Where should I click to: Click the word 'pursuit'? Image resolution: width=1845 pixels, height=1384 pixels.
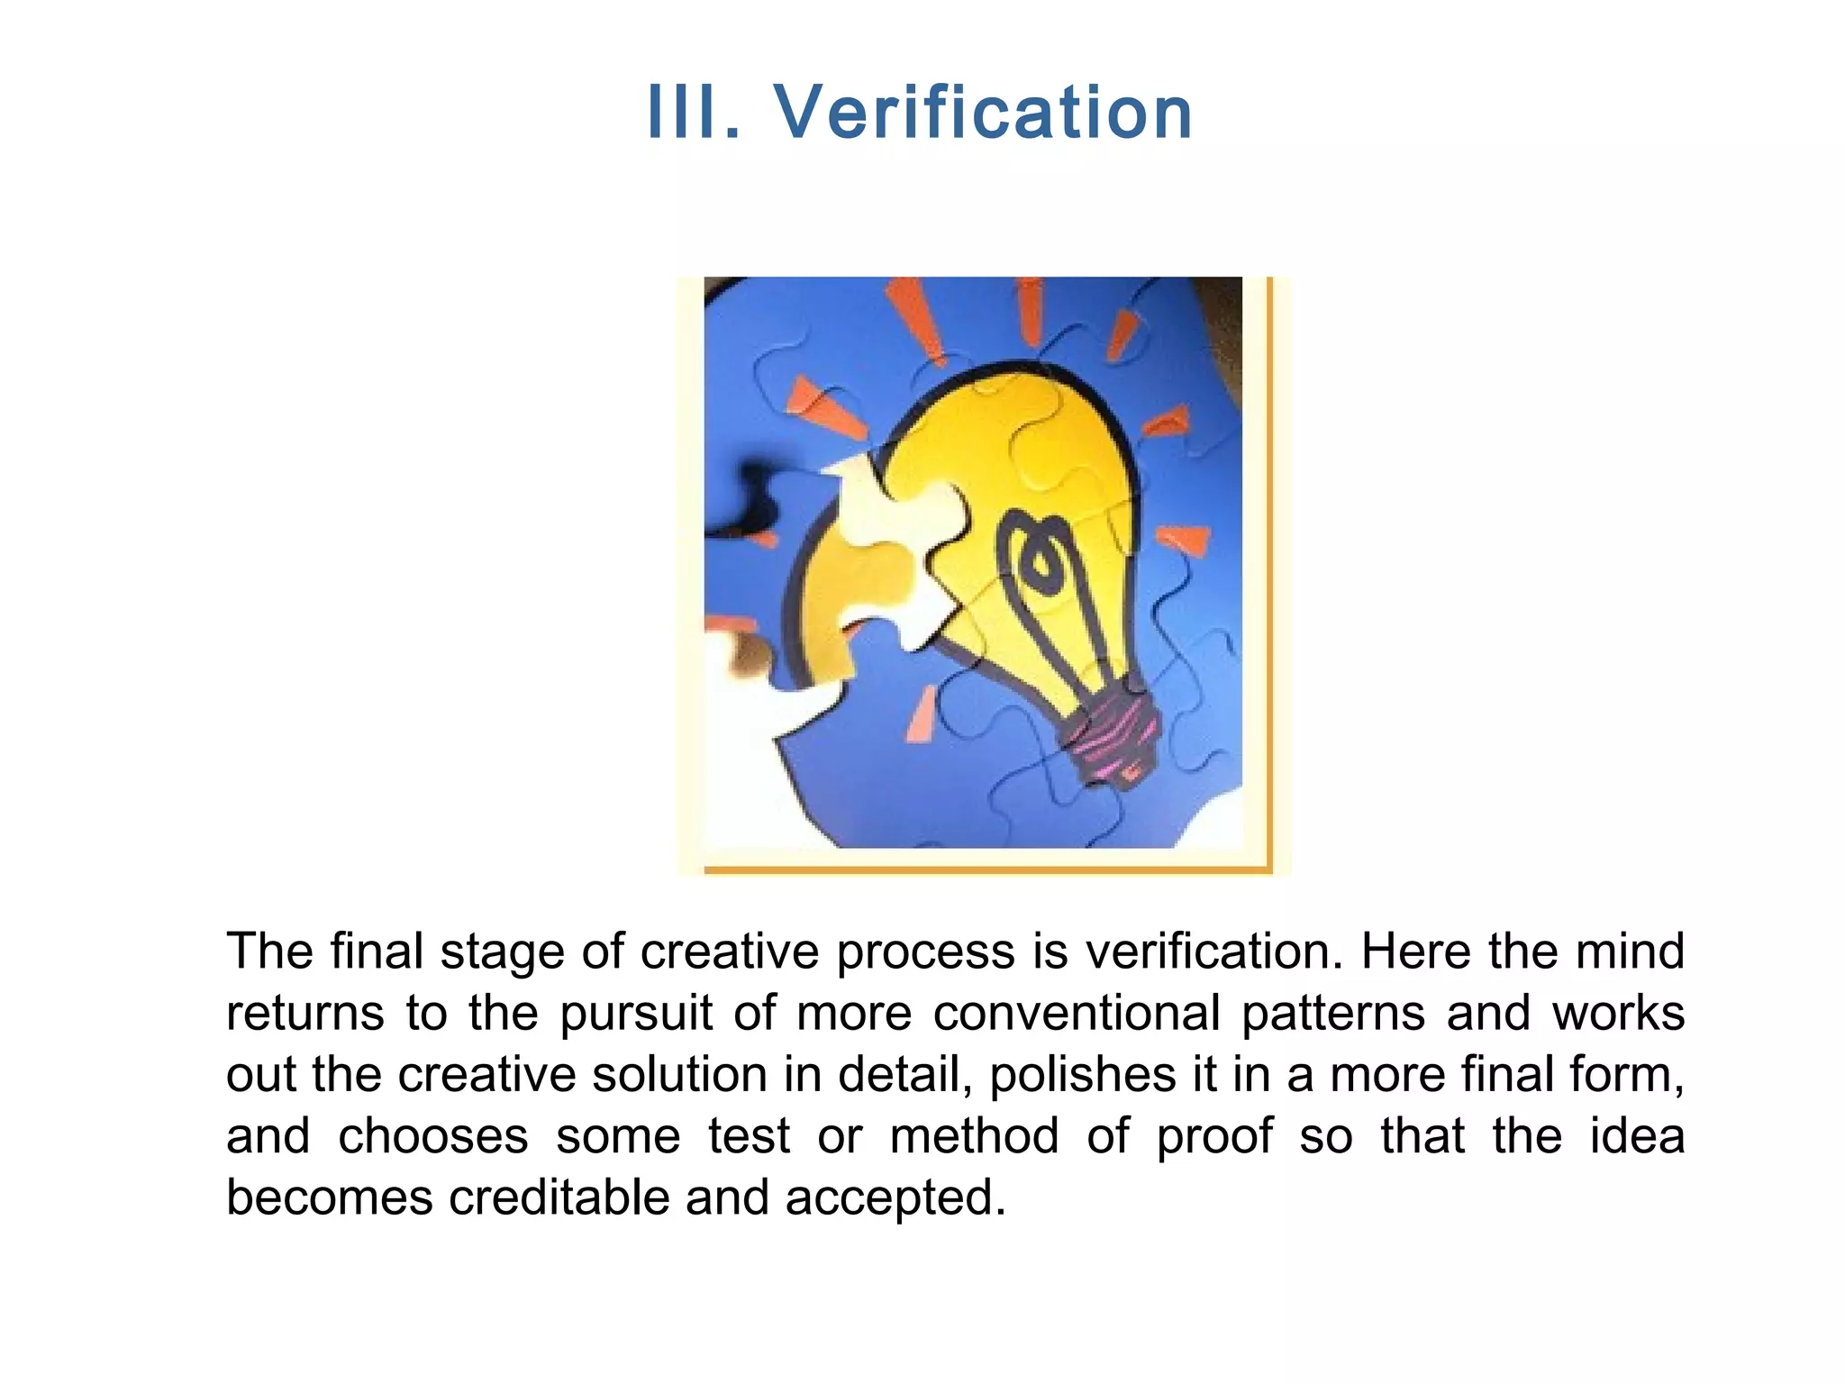click(x=636, y=1014)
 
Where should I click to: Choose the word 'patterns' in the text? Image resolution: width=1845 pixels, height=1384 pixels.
click(x=1332, y=1014)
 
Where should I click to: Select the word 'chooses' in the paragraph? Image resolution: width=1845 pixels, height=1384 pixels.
click(x=432, y=1135)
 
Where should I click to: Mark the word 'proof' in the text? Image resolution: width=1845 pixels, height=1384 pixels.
click(x=1214, y=1137)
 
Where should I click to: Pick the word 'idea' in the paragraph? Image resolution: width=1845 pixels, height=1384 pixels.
click(x=1636, y=1135)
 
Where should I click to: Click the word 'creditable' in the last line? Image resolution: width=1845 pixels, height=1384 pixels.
click(x=559, y=1197)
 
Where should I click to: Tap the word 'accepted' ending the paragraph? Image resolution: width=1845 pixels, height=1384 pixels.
click(x=895, y=1198)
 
